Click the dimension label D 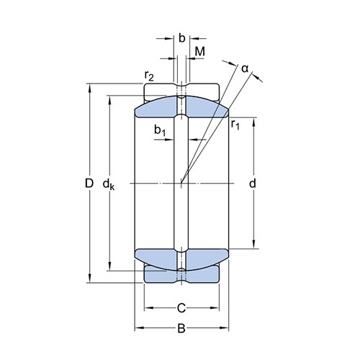pos(89,184)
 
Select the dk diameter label pos(109,185)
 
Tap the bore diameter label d pos(253,184)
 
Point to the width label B pos(181,328)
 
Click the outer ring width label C pos(181,308)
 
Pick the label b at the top pos(182,38)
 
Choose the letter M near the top pos(200,51)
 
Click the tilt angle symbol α pos(245,69)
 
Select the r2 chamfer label pos(149,76)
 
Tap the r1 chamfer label pos(235,125)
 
